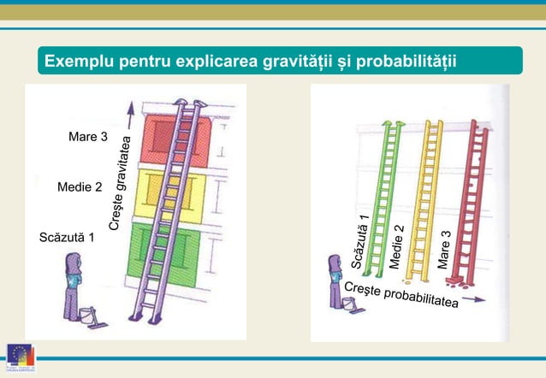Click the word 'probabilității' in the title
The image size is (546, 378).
point(407,62)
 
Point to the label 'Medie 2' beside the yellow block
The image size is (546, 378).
point(80,186)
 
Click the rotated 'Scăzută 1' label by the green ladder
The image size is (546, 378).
point(361,241)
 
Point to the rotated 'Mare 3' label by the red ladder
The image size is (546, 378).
point(444,250)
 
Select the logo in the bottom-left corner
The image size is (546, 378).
point(18,359)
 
